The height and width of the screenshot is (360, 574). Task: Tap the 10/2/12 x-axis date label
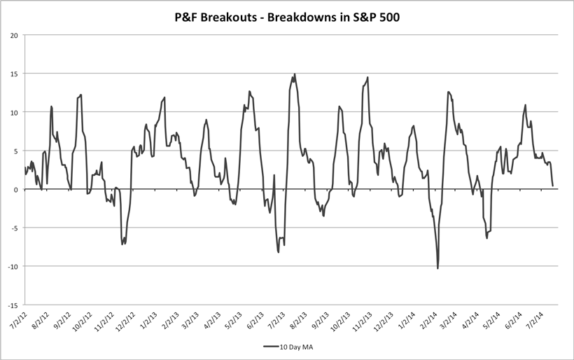(82, 321)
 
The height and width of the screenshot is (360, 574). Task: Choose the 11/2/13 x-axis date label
(363, 321)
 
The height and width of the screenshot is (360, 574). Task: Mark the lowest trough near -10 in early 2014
(437, 268)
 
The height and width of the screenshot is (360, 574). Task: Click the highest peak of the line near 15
(295, 74)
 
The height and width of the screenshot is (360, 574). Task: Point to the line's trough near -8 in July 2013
(279, 251)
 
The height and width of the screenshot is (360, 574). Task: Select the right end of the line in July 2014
(552, 186)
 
